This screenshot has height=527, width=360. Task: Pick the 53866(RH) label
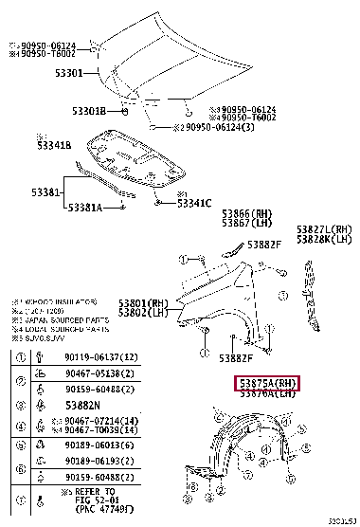click(x=247, y=214)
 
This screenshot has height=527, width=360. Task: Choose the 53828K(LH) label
click(x=323, y=239)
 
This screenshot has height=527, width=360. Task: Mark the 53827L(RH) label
click(x=323, y=229)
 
